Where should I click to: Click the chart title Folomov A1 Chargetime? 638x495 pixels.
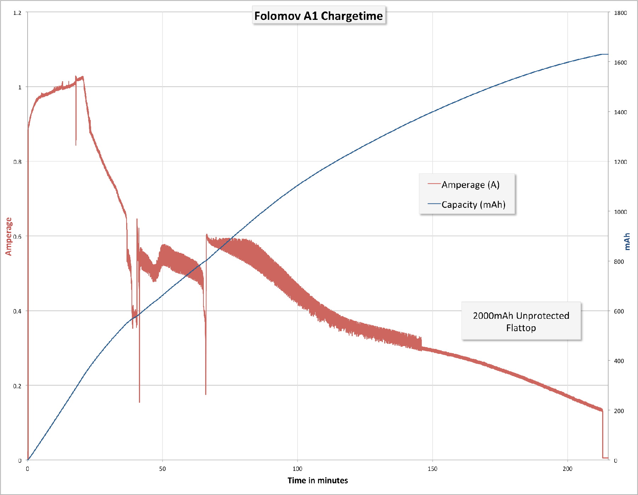coord(318,16)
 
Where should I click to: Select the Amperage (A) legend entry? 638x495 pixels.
coord(470,185)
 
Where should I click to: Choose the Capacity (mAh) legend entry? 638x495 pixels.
coord(473,205)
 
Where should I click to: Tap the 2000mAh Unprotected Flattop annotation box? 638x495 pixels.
coord(521,321)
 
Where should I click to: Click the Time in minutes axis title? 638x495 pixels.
coord(318,480)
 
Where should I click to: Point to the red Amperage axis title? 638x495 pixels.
coord(9,236)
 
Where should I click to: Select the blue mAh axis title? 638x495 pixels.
coord(627,241)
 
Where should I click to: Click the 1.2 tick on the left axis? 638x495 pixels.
coord(17,13)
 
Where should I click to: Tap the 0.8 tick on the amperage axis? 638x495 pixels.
coord(17,162)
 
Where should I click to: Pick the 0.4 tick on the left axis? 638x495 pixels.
coord(17,311)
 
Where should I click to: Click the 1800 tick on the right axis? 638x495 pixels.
coord(620,13)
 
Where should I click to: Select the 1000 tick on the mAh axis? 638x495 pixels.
coord(620,212)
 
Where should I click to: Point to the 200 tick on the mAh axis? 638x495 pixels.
coord(619,411)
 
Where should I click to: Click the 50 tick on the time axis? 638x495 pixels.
coord(162,469)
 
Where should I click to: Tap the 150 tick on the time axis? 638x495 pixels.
coord(432,469)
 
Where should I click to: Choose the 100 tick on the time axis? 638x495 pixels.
coord(297,469)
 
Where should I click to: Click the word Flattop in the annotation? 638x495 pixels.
coord(521,328)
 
